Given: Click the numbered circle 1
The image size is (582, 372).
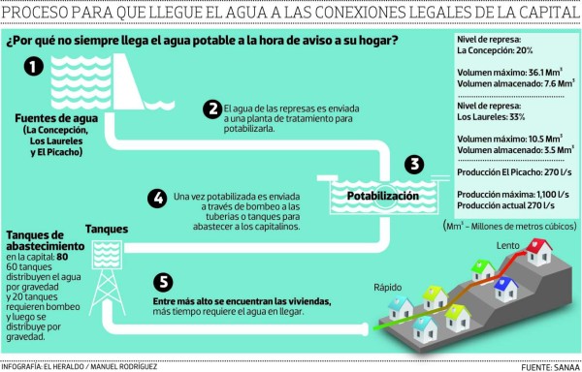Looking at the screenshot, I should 34,67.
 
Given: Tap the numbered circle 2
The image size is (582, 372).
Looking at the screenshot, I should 210,109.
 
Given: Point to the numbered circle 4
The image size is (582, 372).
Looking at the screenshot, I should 156,198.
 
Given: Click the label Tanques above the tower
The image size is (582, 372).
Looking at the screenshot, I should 106,229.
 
